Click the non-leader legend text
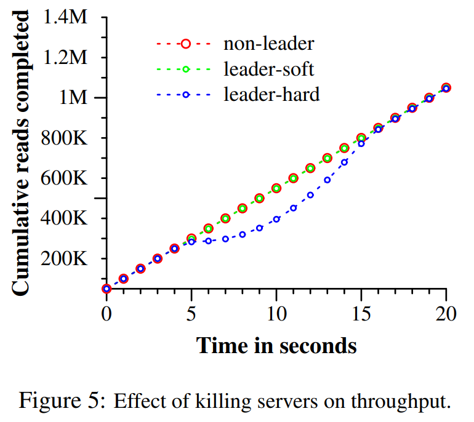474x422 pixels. (x=269, y=44)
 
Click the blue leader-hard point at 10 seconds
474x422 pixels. (x=276, y=219)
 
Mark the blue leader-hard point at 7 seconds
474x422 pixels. (x=225, y=239)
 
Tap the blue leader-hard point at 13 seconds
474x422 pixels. (x=327, y=180)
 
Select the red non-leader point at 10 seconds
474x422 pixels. (x=276, y=188)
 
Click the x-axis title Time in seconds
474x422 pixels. (x=276, y=345)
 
